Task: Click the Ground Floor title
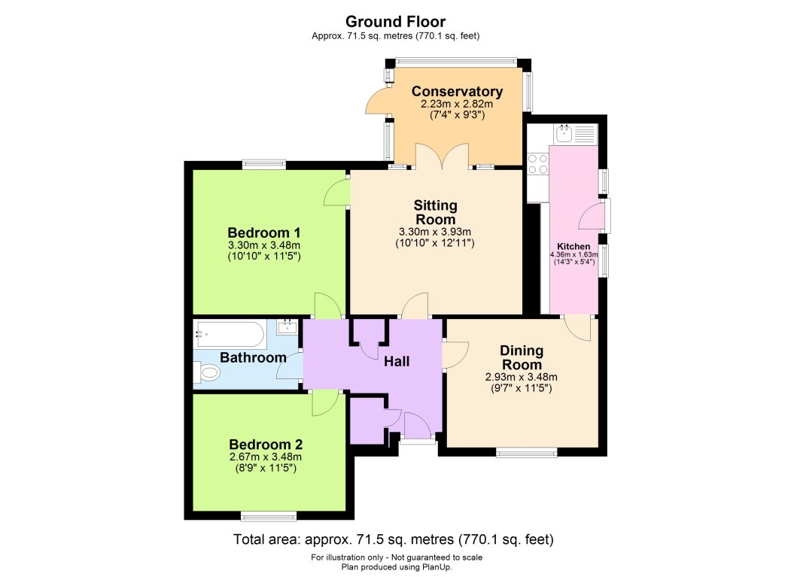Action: coord(397,21)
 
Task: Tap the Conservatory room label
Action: coord(457,92)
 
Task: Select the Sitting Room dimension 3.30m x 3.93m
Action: coord(435,231)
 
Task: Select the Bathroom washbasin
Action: coord(287,327)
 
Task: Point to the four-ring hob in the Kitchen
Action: coord(537,164)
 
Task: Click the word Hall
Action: coord(397,362)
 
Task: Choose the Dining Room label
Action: coord(521,357)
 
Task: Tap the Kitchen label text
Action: coord(573,247)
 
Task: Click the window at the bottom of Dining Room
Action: coord(526,452)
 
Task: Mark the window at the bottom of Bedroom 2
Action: coord(269,515)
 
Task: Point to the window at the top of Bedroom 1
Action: coord(263,164)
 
